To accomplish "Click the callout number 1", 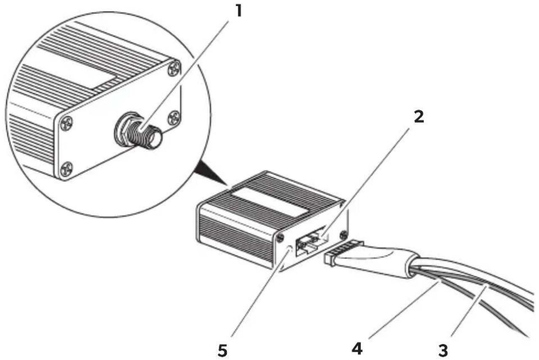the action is point(238,11).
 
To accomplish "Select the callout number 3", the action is point(443,351).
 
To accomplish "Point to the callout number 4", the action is point(357,349).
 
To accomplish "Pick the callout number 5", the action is point(222,351).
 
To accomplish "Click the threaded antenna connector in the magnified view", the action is point(137,130).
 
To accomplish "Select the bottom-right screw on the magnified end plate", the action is point(174,118).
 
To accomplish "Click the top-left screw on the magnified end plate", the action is point(66,124).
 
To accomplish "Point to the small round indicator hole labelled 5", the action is point(289,249).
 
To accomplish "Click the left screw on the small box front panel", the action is point(280,238).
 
